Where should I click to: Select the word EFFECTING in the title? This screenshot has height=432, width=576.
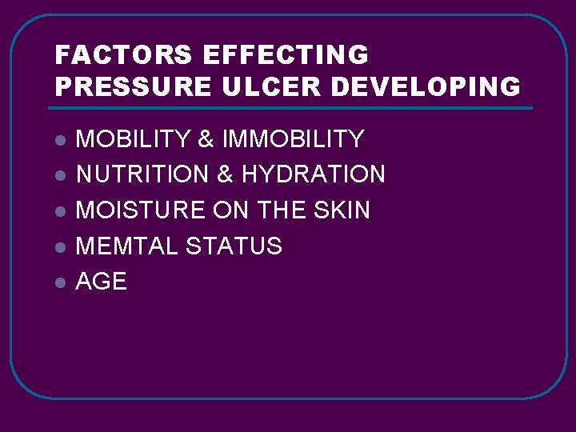click(286, 55)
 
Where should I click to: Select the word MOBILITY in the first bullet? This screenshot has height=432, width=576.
click(132, 139)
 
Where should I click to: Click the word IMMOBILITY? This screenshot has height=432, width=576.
click(293, 139)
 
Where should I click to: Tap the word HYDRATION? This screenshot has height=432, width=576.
click(314, 174)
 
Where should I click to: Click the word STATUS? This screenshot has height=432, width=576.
click(234, 246)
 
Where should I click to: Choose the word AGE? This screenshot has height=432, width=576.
click(101, 282)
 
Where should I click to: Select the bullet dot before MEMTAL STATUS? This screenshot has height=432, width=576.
click(59, 247)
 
